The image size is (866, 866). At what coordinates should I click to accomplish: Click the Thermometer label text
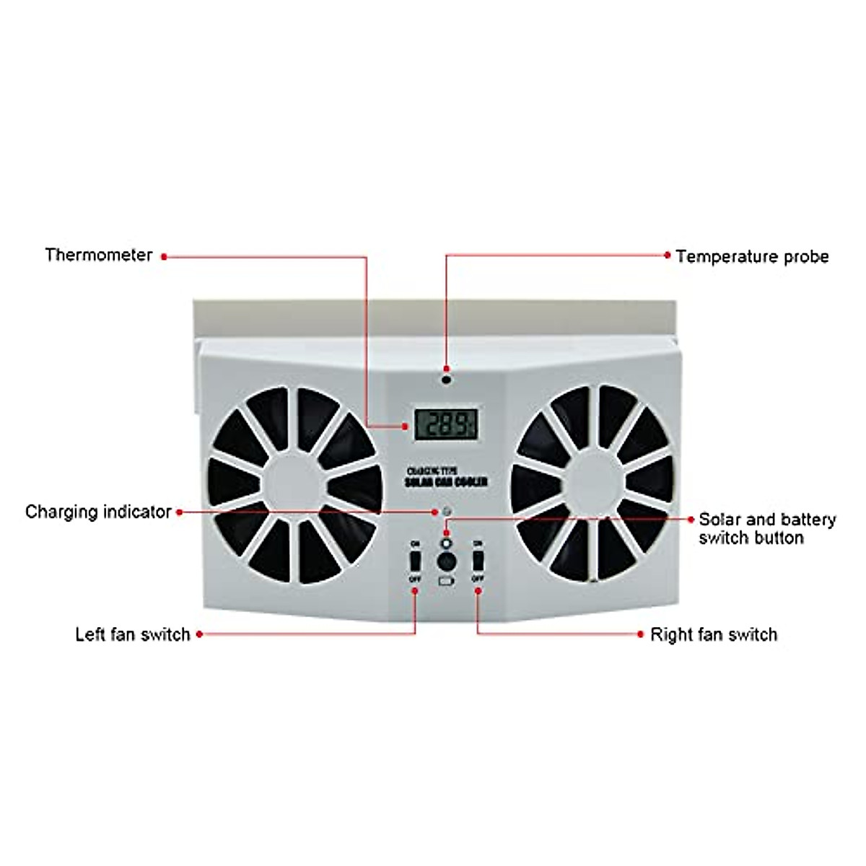[x=99, y=255]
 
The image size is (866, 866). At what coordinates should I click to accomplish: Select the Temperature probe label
[x=752, y=257]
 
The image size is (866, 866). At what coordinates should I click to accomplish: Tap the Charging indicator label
[x=98, y=512]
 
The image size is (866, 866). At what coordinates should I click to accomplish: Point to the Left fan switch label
[x=133, y=634]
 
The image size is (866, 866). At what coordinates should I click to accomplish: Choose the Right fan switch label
[x=714, y=634]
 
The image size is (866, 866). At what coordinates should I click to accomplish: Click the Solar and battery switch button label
[x=766, y=528]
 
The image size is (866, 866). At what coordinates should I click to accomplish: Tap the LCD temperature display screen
[x=446, y=424]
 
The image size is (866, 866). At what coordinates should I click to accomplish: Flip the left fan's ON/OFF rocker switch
[x=415, y=560]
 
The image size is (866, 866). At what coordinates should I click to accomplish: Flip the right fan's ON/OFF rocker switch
[x=477, y=560]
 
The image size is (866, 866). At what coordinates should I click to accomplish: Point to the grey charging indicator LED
[x=447, y=512]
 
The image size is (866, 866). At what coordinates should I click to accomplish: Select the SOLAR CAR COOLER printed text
[x=446, y=481]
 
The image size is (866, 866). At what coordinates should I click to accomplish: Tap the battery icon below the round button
[x=446, y=580]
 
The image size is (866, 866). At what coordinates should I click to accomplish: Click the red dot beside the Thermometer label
[x=164, y=256]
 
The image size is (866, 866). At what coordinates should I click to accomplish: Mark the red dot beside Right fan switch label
[x=640, y=634]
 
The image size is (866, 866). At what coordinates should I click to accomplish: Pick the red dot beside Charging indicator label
[x=179, y=512]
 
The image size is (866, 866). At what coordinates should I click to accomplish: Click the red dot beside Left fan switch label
[x=199, y=634]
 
